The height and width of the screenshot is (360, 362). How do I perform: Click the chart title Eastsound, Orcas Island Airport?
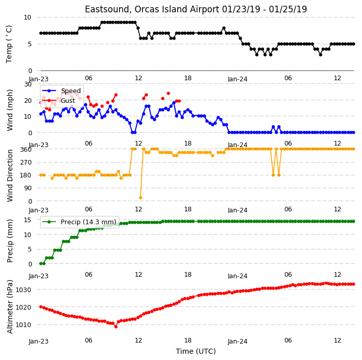(x=152, y=9)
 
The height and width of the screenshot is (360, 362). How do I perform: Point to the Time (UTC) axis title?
(x=196, y=351)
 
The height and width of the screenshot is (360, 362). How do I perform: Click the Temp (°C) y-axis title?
(x=9, y=44)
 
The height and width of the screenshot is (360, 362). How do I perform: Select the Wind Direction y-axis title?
(x=9, y=175)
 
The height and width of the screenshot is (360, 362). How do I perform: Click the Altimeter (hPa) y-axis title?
(x=9, y=307)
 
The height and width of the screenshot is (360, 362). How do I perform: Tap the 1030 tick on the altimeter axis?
(x=23, y=290)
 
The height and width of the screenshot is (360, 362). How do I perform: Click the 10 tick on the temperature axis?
(x=27, y=17)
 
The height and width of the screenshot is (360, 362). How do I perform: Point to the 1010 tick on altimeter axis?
(x=23, y=325)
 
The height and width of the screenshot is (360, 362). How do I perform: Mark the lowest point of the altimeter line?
(x=116, y=327)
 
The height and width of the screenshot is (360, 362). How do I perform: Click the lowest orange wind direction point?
(x=140, y=197)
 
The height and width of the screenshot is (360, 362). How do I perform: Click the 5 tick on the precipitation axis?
(x=30, y=249)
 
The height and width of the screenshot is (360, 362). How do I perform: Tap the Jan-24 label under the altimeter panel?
(x=238, y=341)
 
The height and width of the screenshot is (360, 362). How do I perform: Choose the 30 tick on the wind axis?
(x=28, y=84)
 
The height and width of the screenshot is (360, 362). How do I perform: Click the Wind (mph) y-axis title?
(x=9, y=111)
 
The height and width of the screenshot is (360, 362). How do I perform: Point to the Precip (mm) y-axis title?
(x=9, y=241)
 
